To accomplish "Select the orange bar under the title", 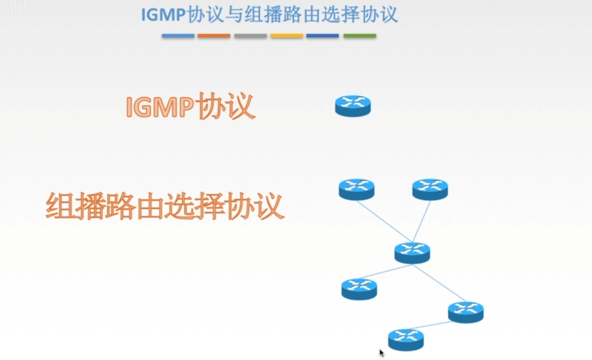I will coord(213,35).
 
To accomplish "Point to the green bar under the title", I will coord(360,35).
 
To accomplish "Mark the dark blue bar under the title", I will coord(323,35).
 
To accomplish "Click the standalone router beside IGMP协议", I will coord(353,106).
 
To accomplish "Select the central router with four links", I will coord(412,252).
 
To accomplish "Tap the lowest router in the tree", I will coord(406,339).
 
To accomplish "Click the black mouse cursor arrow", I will coord(382,352).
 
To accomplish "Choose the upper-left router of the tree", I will coord(356,189).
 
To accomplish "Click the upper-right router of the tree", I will coord(430,189).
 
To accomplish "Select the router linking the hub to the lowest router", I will coord(465,311).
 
